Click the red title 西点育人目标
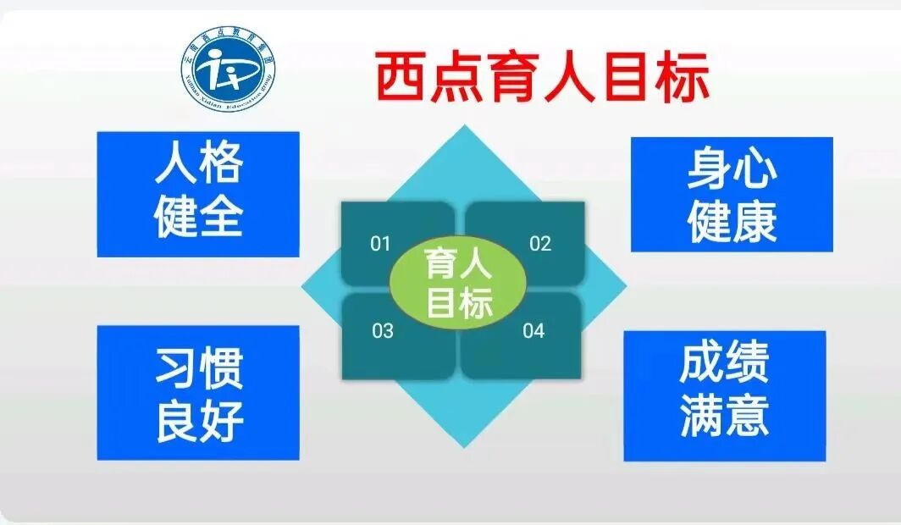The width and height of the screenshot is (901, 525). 542,78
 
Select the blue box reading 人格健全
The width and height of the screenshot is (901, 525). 198,194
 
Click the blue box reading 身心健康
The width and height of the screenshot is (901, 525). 732,195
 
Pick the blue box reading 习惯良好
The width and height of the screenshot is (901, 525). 198,393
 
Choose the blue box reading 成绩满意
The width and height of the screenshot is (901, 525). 724,395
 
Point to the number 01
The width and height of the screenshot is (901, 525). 381,245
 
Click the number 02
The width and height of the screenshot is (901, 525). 540,245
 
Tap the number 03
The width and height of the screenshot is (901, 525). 383,330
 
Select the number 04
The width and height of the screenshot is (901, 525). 533,330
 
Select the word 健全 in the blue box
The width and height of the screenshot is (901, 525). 198,217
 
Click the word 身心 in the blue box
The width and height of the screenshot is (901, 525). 732,169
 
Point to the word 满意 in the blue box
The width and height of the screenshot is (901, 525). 724,417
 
